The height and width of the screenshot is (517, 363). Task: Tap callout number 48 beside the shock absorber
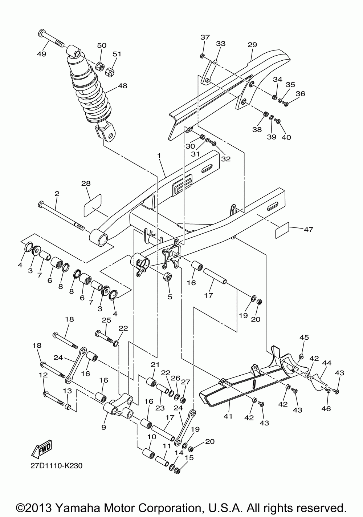(x=122, y=86)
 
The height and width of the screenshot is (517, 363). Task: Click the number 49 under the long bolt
(x=41, y=54)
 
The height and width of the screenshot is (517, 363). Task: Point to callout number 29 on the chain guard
(x=252, y=45)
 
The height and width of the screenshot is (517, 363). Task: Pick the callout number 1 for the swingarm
(x=159, y=156)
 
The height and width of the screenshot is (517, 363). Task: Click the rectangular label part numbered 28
(x=92, y=206)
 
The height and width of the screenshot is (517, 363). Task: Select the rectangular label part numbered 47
(x=282, y=230)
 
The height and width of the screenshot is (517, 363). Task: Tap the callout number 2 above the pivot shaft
(x=57, y=193)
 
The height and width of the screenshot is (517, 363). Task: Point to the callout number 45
(x=304, y=337)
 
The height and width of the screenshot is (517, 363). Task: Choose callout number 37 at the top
(x=205, y=37)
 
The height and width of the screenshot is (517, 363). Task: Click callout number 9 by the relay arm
(x=104, y=427)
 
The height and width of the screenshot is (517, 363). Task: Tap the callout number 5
(x=170, y=297)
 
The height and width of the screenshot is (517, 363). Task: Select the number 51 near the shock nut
(x=117, y=54)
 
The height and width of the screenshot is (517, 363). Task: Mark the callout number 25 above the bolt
(x=107, y=320)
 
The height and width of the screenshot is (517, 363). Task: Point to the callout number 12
(x=43, y=375)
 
